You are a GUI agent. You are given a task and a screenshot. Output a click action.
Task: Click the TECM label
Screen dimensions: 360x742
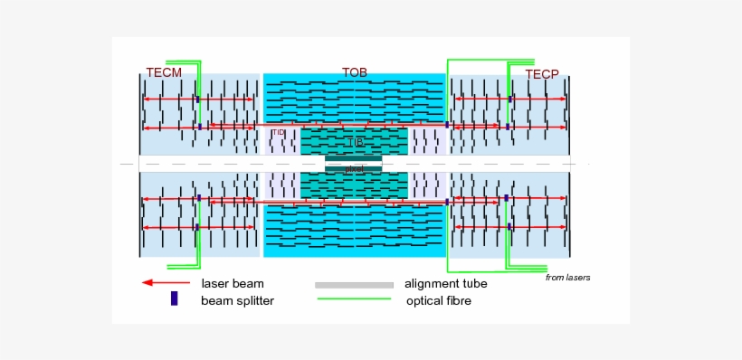(164, 72)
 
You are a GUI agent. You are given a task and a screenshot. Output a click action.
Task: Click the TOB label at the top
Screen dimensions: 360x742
(355, 71)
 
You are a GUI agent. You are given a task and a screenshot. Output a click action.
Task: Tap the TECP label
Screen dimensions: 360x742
(542, 73)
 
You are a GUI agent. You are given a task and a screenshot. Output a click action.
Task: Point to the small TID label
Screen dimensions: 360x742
(279, 132)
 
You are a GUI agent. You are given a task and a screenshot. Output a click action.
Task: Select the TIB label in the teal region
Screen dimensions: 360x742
(355, 142)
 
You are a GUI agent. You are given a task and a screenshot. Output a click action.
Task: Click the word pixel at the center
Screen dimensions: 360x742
(354, 169)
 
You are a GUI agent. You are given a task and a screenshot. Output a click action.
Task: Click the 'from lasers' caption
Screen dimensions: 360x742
(567, 278)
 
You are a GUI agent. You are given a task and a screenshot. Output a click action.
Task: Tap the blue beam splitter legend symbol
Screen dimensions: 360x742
(175, 299)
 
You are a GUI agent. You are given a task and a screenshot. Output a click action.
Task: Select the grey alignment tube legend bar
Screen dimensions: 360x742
(354, 285)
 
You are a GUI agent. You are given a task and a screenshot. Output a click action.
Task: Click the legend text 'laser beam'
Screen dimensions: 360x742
(233, 284)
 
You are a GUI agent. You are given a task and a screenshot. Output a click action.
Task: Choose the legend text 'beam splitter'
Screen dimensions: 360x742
(237, 300)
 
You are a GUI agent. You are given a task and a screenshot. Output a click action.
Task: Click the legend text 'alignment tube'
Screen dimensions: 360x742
(446, 284)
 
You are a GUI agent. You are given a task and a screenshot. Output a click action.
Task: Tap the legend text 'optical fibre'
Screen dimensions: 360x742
(439, 300)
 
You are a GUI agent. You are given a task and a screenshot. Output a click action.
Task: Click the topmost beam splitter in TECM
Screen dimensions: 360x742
(198, 99)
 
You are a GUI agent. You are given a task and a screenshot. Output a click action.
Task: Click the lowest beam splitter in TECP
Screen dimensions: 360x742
(509, 226)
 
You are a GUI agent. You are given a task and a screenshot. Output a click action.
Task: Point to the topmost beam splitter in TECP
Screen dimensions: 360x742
(509, 99)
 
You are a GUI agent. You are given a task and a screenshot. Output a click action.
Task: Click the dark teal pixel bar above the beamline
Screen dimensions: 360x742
(354, 157)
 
